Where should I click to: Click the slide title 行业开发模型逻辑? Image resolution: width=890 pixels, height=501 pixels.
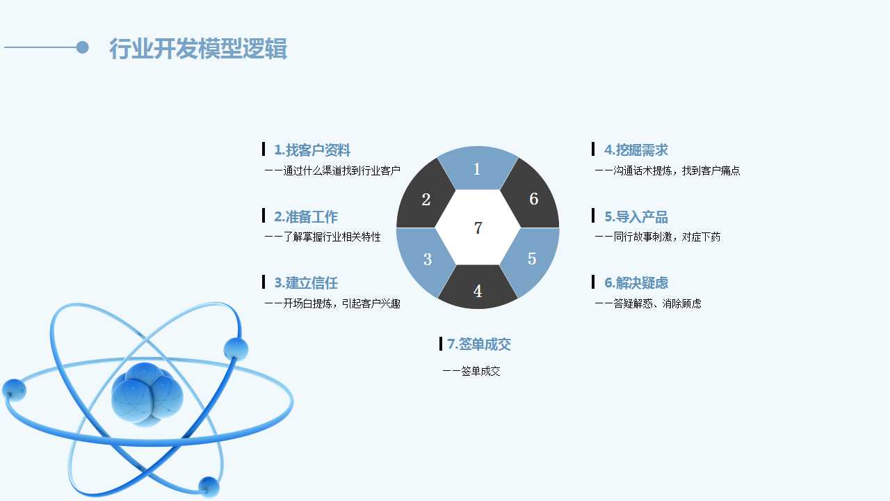point(198,49)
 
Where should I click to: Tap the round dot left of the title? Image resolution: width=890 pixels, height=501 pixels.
point(82,47)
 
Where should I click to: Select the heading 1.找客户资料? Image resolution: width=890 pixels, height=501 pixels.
point(312,150)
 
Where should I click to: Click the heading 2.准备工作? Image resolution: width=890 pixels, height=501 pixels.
point(306,216)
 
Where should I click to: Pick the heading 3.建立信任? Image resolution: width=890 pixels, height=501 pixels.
point(306,283)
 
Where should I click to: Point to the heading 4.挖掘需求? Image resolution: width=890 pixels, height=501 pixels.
point(636,150)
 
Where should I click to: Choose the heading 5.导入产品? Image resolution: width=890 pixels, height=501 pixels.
point(636,216)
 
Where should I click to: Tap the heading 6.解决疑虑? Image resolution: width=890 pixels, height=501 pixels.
point(636,283)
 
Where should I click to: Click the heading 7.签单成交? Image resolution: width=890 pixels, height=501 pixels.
point(479,344)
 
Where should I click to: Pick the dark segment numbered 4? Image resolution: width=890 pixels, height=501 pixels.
point(478,288)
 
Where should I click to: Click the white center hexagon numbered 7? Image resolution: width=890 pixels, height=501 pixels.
point(478,228)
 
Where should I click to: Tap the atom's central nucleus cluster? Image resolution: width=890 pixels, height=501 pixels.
point(147,395)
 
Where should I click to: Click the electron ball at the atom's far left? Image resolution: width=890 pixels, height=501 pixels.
point(15,390)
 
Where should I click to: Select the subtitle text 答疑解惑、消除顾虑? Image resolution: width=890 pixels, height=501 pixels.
point(658,304)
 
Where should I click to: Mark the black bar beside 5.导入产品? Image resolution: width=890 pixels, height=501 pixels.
point(593,216)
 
